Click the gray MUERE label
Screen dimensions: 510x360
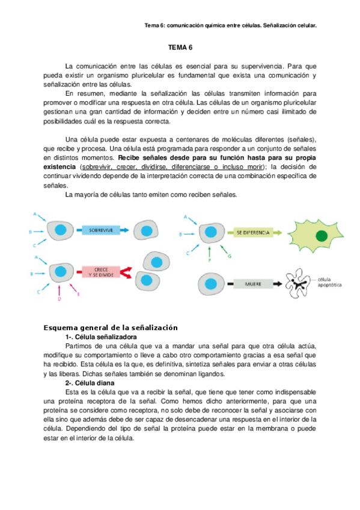pyautogui.click(x=245, y=281)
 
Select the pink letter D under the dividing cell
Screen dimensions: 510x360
pyautogui.click(x=58, y=298)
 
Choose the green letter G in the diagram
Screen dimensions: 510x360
pyautogui.click(x=229, y=257)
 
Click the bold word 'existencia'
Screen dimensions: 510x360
pyautogui.click(x=61, y=167)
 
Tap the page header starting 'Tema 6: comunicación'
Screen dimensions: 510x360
pyautogui.click(x=231, y=26)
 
